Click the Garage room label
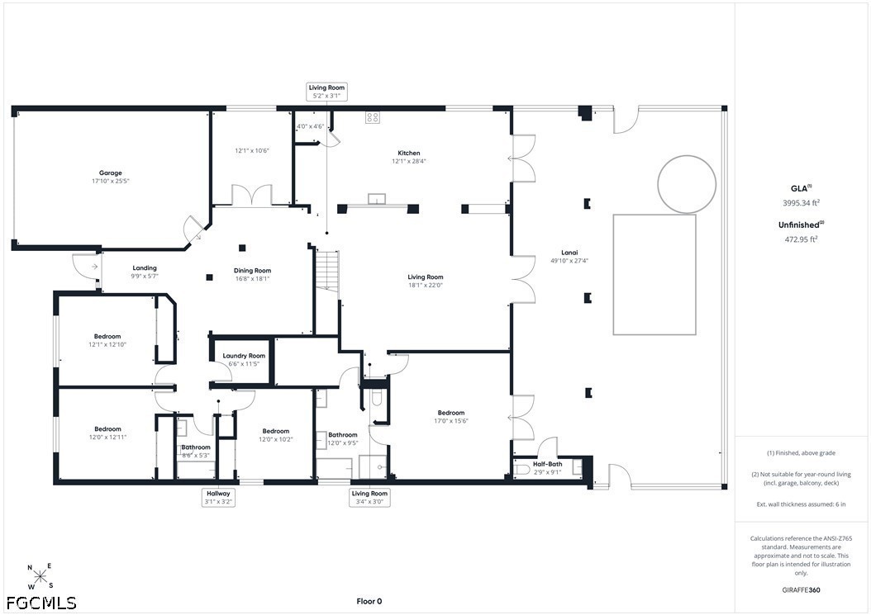pos(111,173)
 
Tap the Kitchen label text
pos(409,154)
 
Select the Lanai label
pos(569,253)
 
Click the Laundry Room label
pos(244,356)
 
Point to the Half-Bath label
pos(548,464)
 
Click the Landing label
pos(145,268)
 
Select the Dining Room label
pos(252,271)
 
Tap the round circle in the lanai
pos(687,184)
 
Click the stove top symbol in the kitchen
pos(372,117)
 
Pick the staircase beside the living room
pos(327,270)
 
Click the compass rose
pos(40,577)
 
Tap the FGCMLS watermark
pos(41,603)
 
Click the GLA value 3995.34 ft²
pos(801,203)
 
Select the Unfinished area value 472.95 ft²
pos(801,239)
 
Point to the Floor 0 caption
pos(369,601)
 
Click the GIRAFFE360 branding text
pos(801,589)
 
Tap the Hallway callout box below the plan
pos(218,497)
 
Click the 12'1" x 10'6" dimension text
pos(252,150)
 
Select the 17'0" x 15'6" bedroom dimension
pos(451,421)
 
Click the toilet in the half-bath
pos(521,471)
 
